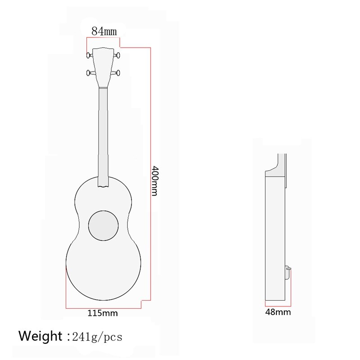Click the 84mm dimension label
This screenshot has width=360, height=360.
coord(104,31)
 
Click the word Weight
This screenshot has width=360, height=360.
coord(40,336)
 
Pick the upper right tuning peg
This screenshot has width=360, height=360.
coord(118,55)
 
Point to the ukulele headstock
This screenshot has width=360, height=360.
coord(104,65)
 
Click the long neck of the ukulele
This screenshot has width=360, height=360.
coord(104,135)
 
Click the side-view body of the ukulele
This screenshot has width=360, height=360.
coord(275,234)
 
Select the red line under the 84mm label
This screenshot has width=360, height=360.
coord(103,38)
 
